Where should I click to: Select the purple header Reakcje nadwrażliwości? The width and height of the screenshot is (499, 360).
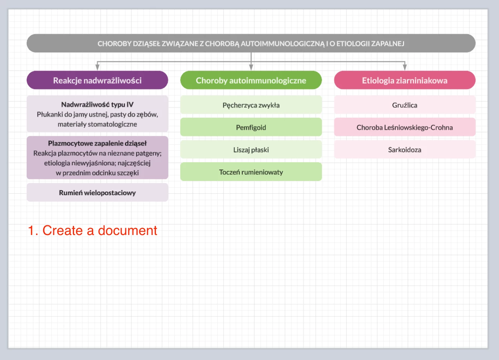pos(97,80)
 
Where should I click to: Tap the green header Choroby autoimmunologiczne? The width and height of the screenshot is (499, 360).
pos(251,80)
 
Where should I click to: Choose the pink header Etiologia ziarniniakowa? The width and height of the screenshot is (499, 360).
pos(404,80)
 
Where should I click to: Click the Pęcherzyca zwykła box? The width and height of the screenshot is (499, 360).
pos(251,105)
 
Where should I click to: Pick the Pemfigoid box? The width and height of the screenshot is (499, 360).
pos(251,127)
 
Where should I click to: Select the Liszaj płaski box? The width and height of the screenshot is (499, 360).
pos(251,150)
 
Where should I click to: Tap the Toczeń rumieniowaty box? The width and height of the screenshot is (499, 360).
pos(251,172)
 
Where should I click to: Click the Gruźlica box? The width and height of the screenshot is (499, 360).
pos(404,105)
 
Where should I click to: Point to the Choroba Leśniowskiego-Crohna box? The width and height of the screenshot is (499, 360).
pos(404,127)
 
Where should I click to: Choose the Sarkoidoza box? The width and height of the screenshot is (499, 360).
pos(404,150)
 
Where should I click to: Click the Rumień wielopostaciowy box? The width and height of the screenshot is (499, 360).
pos(97,193)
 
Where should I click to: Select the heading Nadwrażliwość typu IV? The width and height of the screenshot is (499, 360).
pos(97,105)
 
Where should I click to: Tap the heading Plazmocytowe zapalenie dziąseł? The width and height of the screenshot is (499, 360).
pos(97,143)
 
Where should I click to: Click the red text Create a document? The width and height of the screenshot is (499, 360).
pos(92,230)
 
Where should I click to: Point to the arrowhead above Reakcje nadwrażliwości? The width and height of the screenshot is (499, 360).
pos(97,67)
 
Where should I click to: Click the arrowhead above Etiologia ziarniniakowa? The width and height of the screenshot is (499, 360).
pos(405,67)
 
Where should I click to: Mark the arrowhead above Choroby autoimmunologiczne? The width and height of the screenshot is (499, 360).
pos(251,67)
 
